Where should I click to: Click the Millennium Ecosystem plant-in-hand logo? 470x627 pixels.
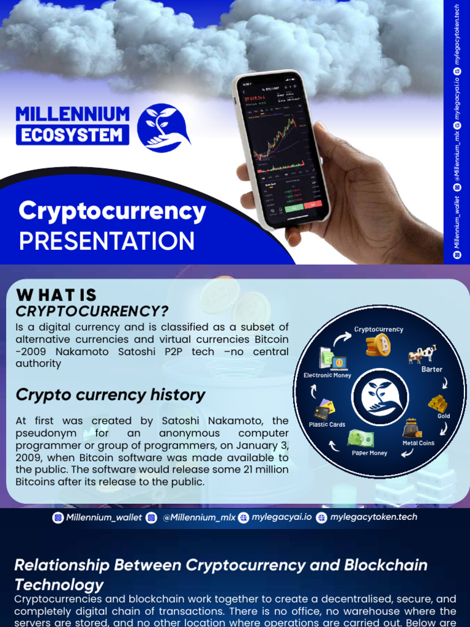163,129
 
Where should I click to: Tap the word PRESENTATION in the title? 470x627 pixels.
106,241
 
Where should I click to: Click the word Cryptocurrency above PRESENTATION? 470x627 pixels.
112,212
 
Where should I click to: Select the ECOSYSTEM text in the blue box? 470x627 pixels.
72,135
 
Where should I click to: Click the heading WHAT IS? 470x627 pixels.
56,295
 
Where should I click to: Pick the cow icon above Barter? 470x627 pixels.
423,354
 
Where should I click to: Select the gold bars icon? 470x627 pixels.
438,404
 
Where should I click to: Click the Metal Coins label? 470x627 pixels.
419,443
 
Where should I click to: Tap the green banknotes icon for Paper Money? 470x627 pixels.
360,438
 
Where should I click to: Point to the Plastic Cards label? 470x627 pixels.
327,424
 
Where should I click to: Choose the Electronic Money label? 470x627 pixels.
327,375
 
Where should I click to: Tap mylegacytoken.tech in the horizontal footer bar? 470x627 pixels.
373,517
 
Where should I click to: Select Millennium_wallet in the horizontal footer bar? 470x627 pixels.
104,518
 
